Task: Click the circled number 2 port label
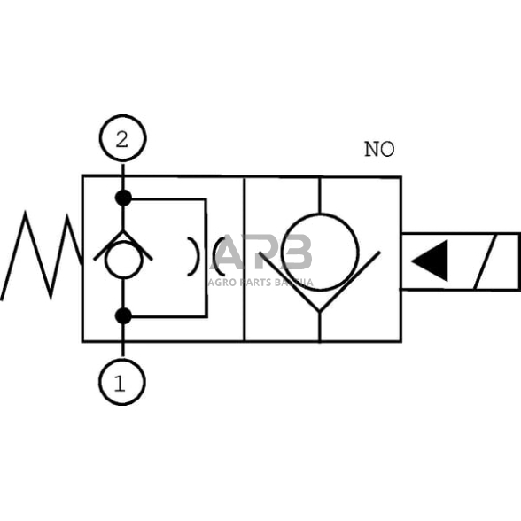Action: tap(122, 139)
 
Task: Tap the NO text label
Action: tap(379, 150)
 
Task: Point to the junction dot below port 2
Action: tap(123, 198)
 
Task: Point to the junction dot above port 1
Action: tap(123, 315)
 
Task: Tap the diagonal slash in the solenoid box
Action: tap(493, 261)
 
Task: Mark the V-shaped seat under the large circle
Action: tap(319, 284)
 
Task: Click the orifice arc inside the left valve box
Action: tap(193, 257)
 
